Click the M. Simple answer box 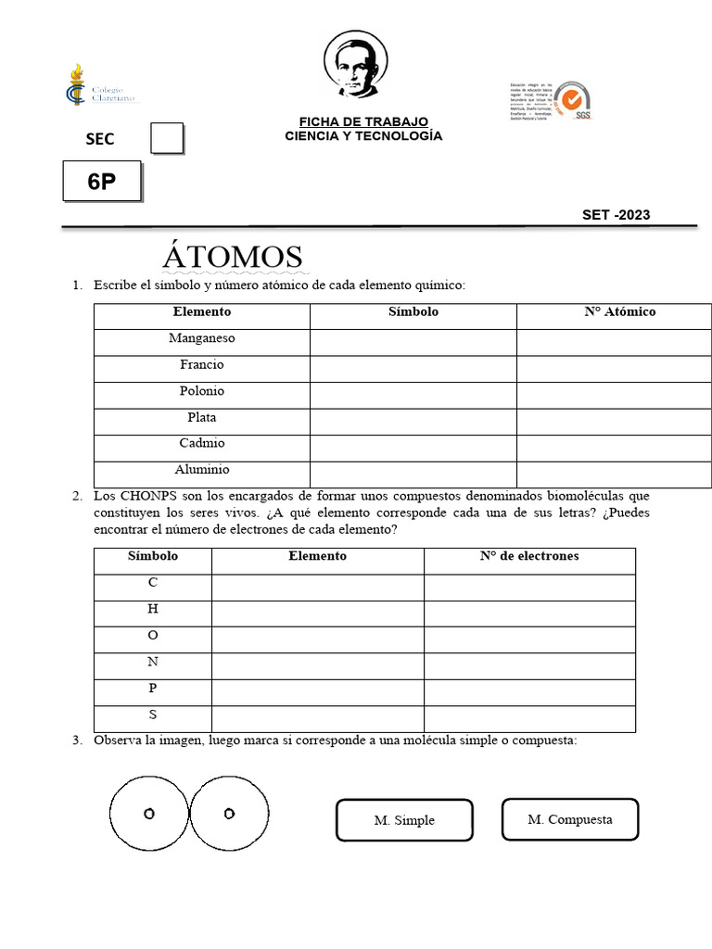pyautogui.click(x=404, y=820)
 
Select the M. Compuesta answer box pyautogui.click(x=570, y=819)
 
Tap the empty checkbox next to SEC pyautogui.click(x=167, y=138)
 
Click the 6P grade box pyautogui.click(x=102, y=182)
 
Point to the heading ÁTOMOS pyautogui.click(x=233, y=257)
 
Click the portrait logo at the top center pyautogui.click(x=357, y=64)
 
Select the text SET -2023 pyautogui.click(x=616, y=215)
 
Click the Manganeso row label pyautogui.click(x=202, y=338)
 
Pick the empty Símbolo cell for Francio pyautogui.click(x=413, y=365)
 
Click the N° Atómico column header pyautogui.click(x=619, y=312)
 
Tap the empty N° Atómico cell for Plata pyautogui.click(x=614, y=418)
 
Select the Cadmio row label pyautogui.click(x=202, y=444)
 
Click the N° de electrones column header pyautogui.click(x=529, y=556)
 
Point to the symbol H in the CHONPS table pyautogui.click(x=153, y=609)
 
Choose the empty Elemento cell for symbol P pyautogui.click(x=317, y=689)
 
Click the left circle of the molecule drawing pyautogui.click(x=149, y=814)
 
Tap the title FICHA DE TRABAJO pyautogui.click(x=363, y=122)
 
